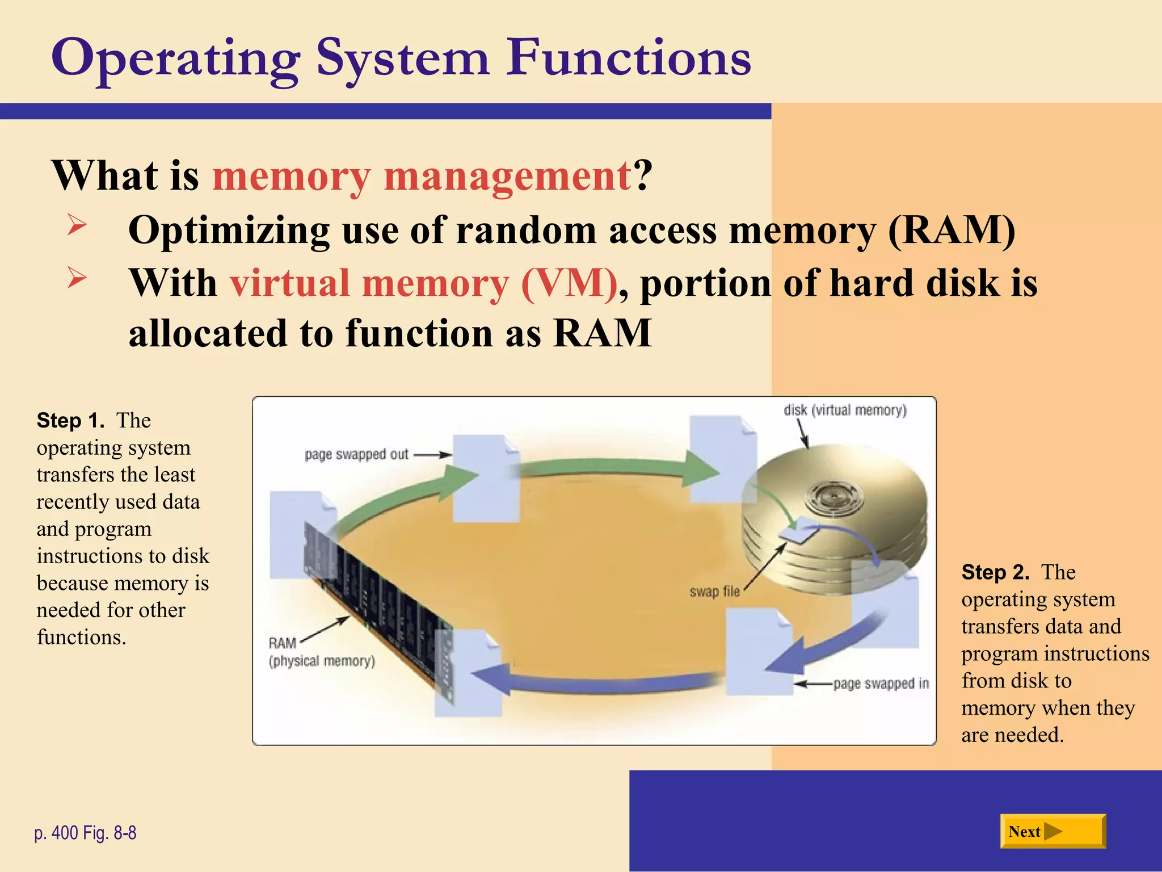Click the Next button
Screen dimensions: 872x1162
pyautogui.click(x=1052, y=831)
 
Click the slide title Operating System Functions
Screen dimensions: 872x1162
pyautogui.click(x=401, y=58)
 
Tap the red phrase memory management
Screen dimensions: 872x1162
pyautogui.click(x=421, y=176)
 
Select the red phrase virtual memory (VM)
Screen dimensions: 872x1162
pyautogui.click(x=423, y=283)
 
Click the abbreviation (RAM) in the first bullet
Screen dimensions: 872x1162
pyautogui.click(x=952, y=230)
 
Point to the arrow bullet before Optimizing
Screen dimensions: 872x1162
pyautogui.click(x=77, y=225)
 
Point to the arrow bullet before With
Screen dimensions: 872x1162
pyautogui.click(x=77, y=278)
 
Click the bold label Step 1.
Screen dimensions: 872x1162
pyautogui.click(x=70, y=421)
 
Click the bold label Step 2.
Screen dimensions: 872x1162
pyautogui.click(x=995, y=572)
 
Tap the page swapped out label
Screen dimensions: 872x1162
pyautogui.click(x=356, y=455)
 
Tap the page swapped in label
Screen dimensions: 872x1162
pyautogui.click(x=881, y=684)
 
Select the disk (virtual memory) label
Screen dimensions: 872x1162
pyautogui.click(x=845, y=410)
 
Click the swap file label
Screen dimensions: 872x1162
pyautogui.click(x=714, y=592)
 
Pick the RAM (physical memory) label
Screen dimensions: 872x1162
pyautogui.click(x=321, y=652)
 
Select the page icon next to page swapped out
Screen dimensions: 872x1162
pyautogui.click(x=486, y=478)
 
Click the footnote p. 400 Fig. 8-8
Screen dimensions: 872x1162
pyautogui.click(x=85, y=833)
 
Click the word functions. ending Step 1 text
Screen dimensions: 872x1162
pyautogui.click(x=81, y=638)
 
